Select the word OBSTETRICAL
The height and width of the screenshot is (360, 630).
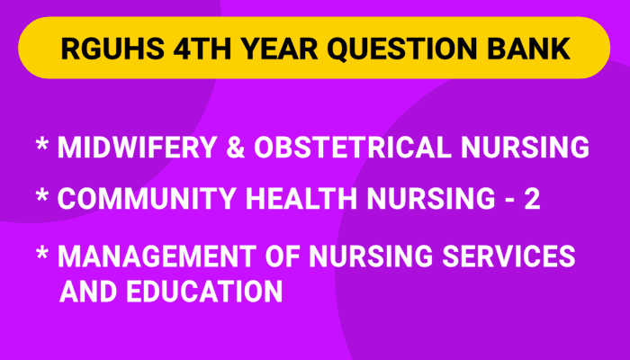[363, 148]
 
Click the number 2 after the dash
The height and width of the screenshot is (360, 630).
[531, 200]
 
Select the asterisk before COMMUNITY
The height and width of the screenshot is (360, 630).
[42, 198]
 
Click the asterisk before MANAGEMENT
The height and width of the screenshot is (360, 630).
[42, 254]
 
